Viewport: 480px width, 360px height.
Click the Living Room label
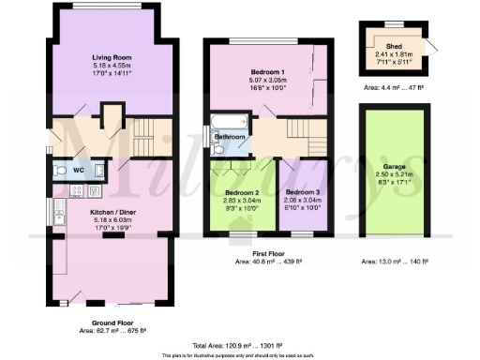[111, 56]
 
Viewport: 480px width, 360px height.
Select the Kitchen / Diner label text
[111, 212]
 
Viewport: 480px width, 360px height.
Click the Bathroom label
[230, 137]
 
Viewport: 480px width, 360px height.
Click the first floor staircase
[302, 131]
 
